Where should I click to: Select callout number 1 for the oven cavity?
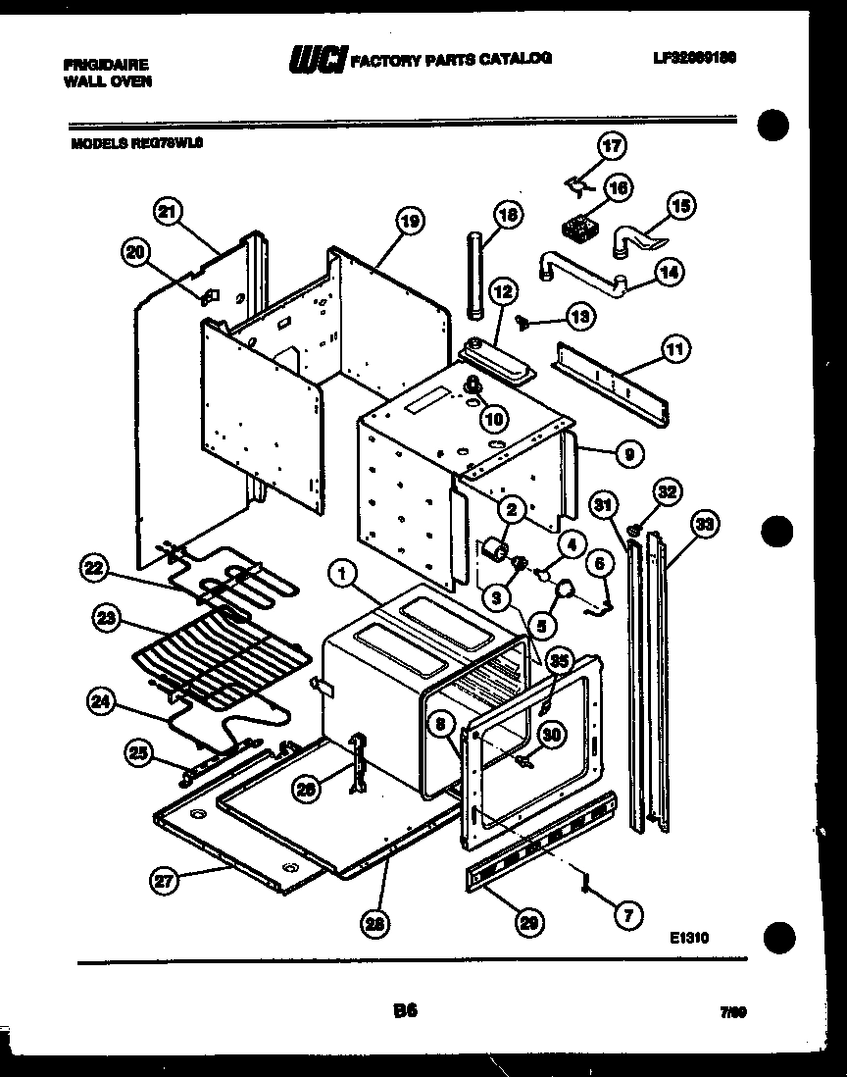click(x=342, y=578)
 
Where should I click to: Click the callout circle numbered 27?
click(x=164, y=881)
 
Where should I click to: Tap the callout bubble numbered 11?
click(x=675, y=347)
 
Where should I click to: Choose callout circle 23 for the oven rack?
click(x=107, y=619)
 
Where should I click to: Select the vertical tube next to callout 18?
click(x=476, y=275)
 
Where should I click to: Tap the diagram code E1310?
click(x=690, y=939)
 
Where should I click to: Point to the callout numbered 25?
click(x=141, y=753)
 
